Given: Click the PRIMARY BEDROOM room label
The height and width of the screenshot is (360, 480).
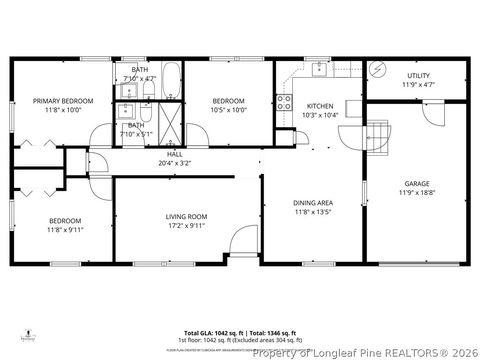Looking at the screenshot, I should [x=63, y=101].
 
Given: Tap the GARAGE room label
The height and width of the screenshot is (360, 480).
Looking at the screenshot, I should [x=417, y=184].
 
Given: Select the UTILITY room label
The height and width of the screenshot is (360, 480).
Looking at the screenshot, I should [x=418, y=76].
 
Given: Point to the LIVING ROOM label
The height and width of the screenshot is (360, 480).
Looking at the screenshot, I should [x=186, y=216].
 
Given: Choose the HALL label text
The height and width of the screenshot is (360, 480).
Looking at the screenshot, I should [x=174, y=154].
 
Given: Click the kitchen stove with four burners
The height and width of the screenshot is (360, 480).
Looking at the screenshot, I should [x=283, y=101].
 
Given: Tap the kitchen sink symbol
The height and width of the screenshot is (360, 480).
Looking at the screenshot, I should [x=319, y=69].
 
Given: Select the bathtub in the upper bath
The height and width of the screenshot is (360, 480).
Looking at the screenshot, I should [x=171, y=78].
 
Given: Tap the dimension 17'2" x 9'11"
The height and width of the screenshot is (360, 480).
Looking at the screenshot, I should [x=186, y=225].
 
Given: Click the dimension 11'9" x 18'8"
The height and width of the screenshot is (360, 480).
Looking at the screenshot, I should [x=417, y=193].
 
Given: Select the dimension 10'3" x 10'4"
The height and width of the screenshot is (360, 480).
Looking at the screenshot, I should [x=320, y=115].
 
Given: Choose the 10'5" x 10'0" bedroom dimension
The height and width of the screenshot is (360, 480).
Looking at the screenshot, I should [x=230, y=110].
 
